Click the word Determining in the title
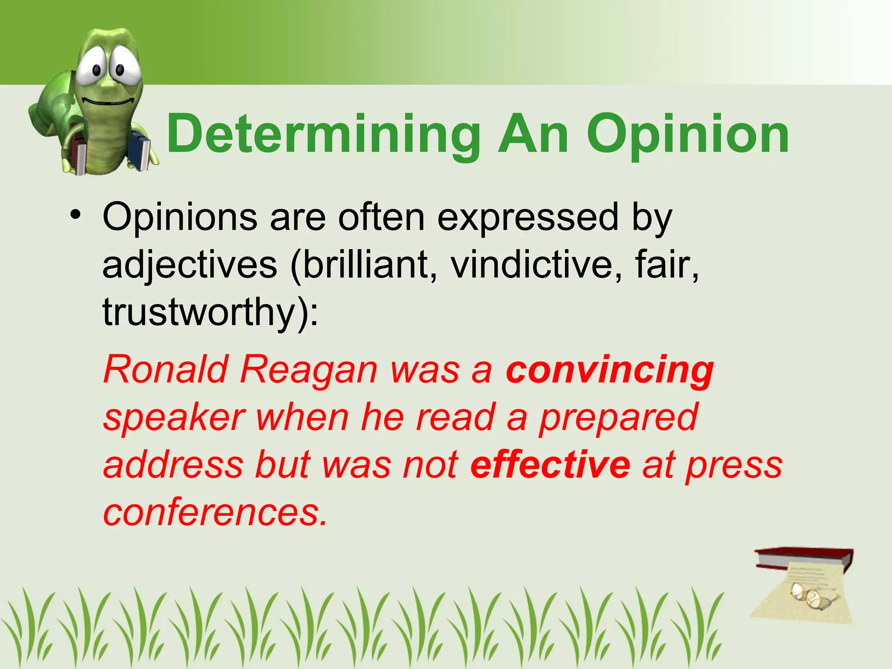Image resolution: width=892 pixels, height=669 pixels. (x=323, y=134)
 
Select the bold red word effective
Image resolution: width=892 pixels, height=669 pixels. (x=550, y=464)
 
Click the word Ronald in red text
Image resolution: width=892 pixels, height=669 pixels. (x=166, y=369)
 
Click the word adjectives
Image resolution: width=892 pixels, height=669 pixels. (x=190, y=266)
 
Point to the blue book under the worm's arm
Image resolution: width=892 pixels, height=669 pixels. (x=140, y=151)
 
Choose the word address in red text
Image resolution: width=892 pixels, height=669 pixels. (x=173, y=464)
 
